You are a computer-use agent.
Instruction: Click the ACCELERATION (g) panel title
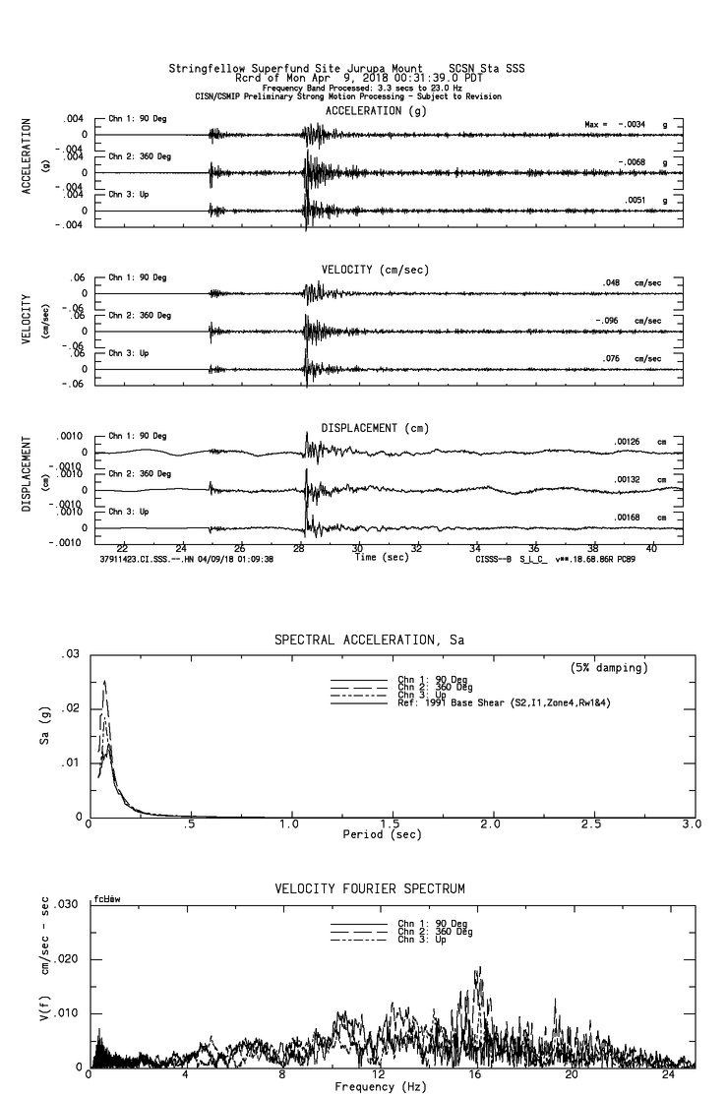(x=364, y=111)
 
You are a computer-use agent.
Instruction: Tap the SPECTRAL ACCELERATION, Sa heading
(x=369, y=640)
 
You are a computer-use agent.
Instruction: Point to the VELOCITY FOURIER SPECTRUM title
(x=369, y=888)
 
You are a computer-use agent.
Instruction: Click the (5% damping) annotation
(x=609, y=668)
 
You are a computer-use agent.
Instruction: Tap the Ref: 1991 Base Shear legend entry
(x=484, y=701)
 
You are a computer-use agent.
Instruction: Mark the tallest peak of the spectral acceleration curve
(x=104, y=681)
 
